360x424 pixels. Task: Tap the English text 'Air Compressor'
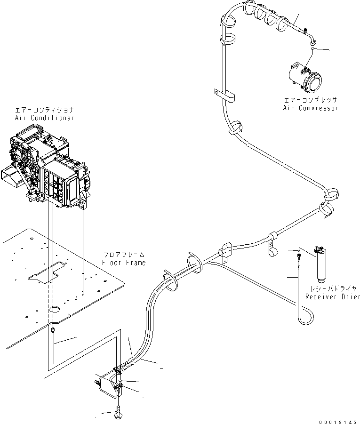[x=310, y=108]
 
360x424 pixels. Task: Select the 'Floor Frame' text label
[x=124, y=263]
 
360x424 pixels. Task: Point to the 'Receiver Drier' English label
[x=332, y=296]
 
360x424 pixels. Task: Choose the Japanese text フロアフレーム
[x=124, y=255]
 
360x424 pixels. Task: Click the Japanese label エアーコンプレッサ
[x=310, y=100]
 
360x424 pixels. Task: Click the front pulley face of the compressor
[x=314, y=84]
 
